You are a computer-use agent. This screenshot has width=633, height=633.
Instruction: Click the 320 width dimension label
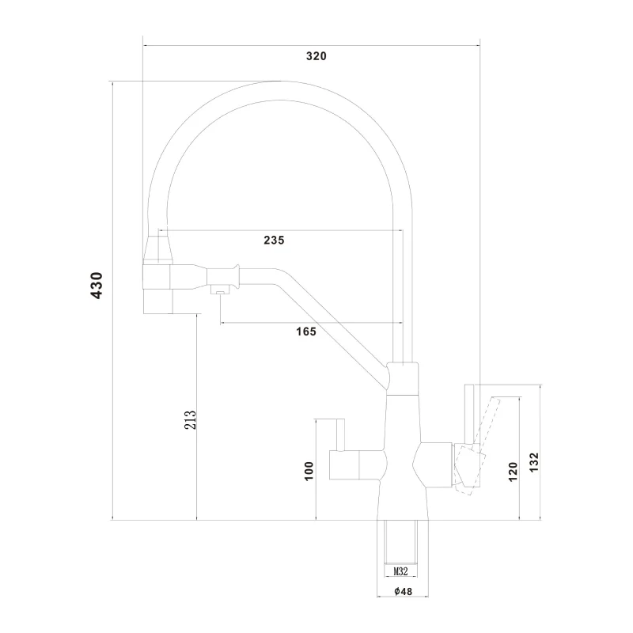click(x=316, y=56)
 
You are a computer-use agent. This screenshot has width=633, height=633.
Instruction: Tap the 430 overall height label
click(x=97, y=286)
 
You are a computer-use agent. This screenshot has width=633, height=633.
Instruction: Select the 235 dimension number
click(x=274, y=241)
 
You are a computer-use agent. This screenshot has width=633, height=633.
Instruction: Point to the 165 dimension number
click(x=306, y=332)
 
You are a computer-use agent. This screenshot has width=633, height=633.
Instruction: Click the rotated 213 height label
click(x=190, y=419)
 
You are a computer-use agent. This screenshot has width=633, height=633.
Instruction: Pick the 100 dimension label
click(x=309, y=471)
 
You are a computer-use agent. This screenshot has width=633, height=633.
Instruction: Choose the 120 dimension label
click(x=513, y=472)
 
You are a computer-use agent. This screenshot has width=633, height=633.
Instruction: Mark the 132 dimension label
click(x=533, y=462)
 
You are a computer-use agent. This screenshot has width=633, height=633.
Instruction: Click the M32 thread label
click(x=400, y=571)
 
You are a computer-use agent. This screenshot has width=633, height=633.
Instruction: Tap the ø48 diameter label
click(x=403, y=591)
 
